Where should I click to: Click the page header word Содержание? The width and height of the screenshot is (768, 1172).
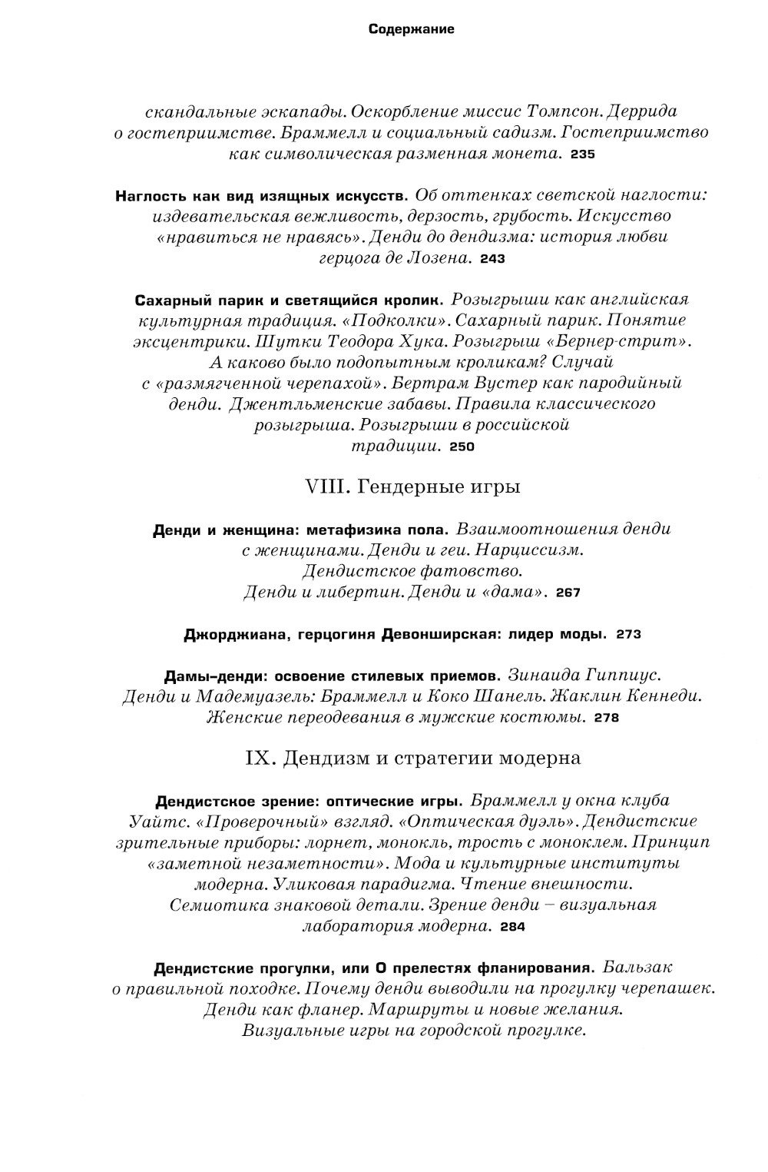point(411,30)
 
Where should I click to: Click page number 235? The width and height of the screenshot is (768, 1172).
point(583,154)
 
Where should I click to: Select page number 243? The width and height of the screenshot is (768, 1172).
point(492,259)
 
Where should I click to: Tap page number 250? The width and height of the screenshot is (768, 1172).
point(462,447)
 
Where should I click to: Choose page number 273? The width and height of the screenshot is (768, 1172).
point(628,635)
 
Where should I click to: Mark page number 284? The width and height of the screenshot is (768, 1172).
point(512,927)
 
